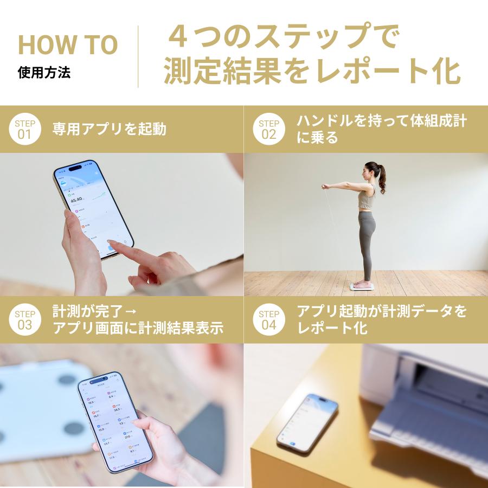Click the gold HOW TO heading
coord(68,45)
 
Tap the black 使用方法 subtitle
coord(44,72)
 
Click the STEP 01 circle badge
coord(25,129)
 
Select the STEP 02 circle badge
coord(269,129)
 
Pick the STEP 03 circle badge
coord(25,320)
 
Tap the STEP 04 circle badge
coord(269,320)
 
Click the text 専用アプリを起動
coord(109,129)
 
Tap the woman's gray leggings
coord(367,239)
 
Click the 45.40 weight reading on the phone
coord(77,199)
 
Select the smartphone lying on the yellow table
coord(307,422)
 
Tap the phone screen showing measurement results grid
coord(115,420)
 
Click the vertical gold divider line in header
coord(138,56)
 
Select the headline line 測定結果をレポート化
coord(312,71)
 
